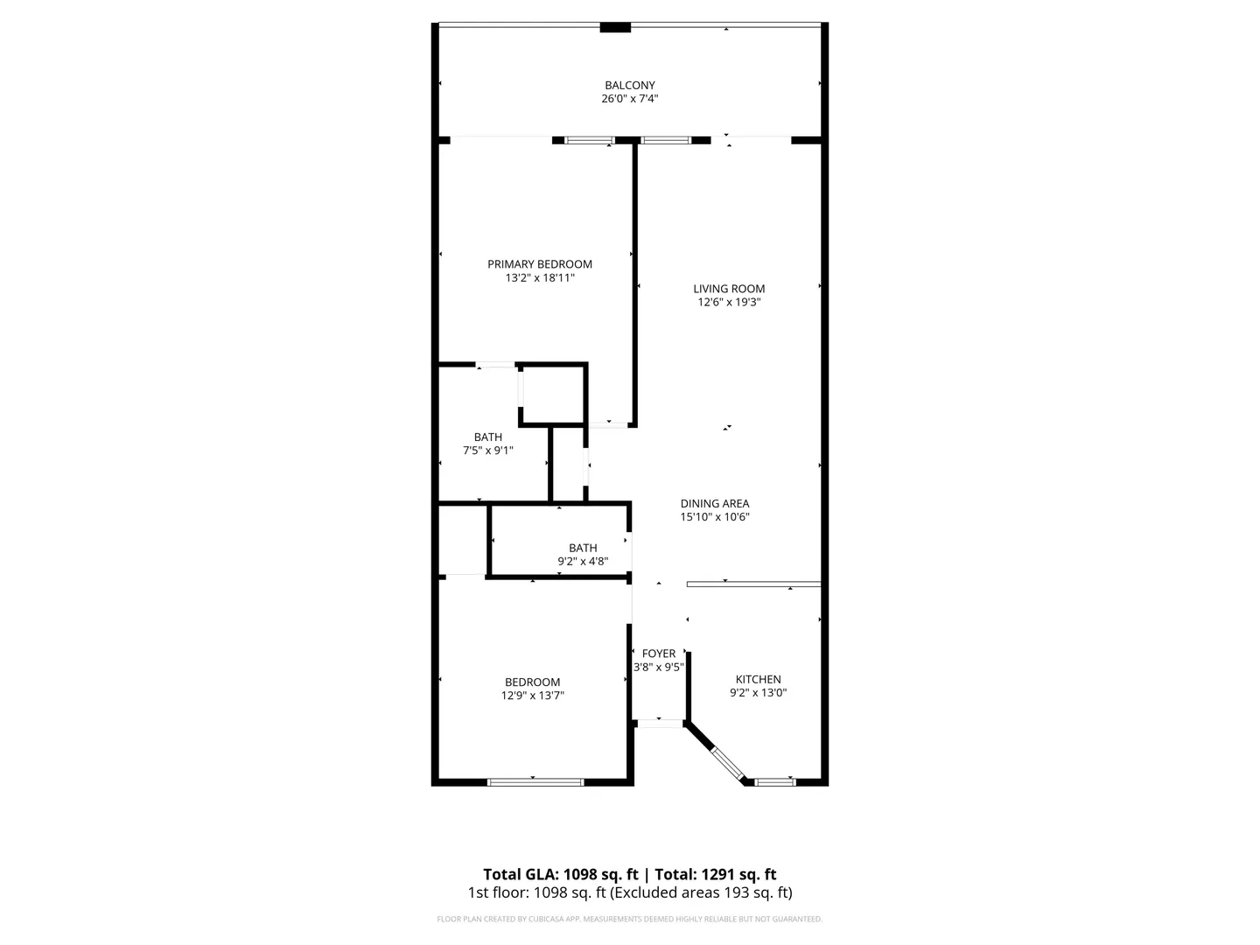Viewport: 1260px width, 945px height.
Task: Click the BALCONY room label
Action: (630, 85)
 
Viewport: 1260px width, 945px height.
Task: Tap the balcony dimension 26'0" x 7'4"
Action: (630, 99)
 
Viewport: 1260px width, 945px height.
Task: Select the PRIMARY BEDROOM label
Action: (540, 264)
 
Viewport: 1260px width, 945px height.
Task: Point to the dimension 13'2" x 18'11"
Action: (540, 277)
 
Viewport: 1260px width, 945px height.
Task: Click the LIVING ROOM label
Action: (729, 289)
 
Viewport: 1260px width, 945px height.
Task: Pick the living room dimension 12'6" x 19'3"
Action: (729, 303)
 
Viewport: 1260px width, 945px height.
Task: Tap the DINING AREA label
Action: (715, 503)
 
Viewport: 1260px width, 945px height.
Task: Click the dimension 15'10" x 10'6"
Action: (715, 517)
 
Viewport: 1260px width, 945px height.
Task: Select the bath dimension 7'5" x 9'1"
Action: (488, 451)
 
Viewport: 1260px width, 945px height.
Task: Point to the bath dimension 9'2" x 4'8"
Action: (583, 561)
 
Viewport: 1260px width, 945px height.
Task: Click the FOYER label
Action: (658, 654)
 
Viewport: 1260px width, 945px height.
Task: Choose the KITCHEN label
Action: (759, 679)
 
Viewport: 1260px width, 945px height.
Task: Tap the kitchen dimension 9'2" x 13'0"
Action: (759, 692)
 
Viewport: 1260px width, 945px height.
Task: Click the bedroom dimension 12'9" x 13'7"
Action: (533, 696)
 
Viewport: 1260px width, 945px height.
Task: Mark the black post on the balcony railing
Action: (615, 27)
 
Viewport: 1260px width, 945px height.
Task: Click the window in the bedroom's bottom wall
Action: (535, 782)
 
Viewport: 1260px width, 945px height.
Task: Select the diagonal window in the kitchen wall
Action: (728, 763)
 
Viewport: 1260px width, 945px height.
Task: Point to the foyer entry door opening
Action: (660, 724)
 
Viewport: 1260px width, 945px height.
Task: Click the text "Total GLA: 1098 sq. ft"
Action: (560, 874)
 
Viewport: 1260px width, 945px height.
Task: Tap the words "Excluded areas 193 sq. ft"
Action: (700, 892)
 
